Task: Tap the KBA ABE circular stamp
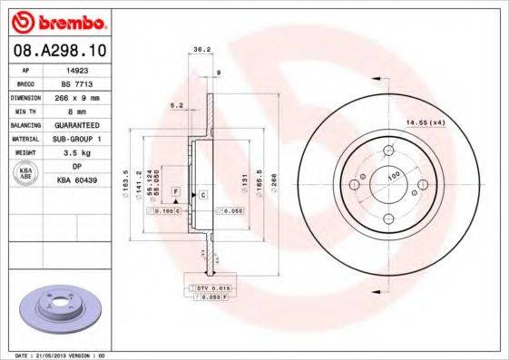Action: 25,175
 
